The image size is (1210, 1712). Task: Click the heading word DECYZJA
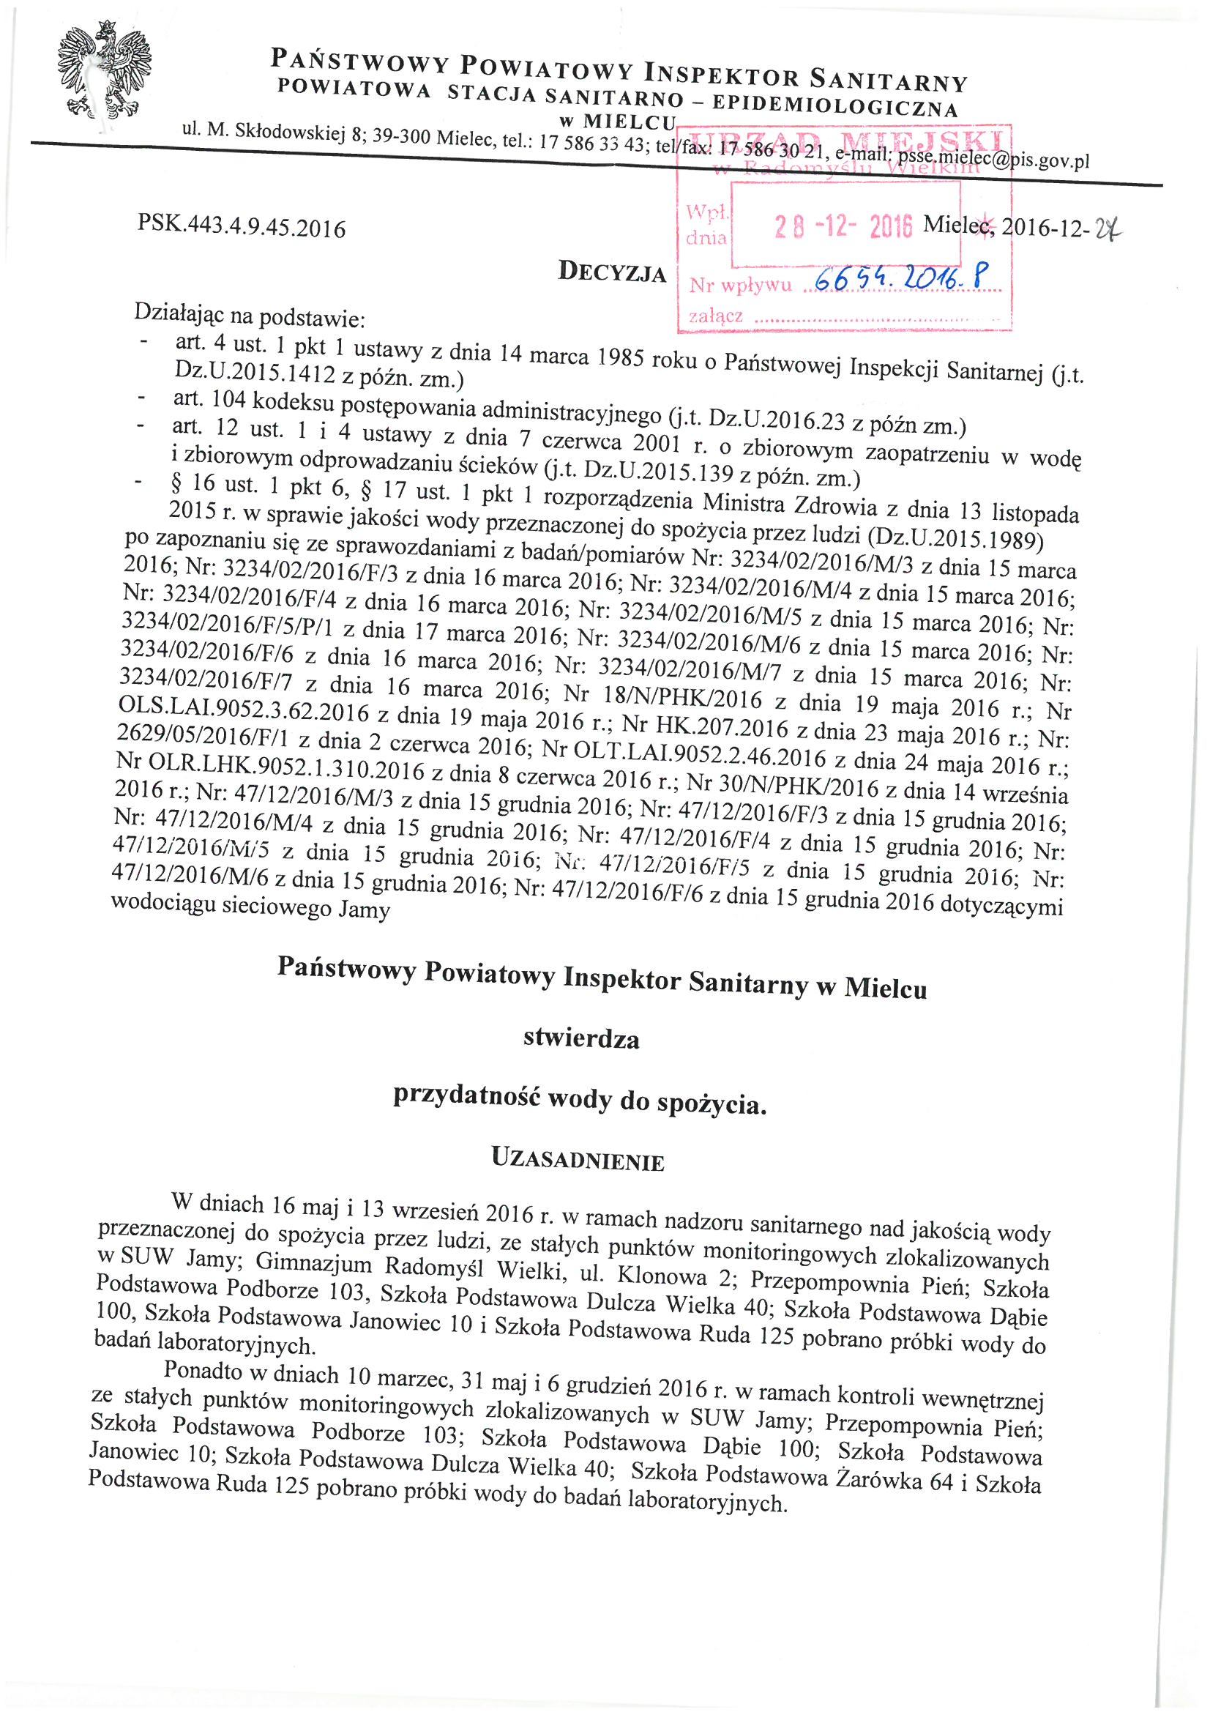(x=612, y=273)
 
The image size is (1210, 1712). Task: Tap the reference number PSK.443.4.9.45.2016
(x=242, y=226)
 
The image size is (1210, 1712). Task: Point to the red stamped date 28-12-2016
(x=843, y=226)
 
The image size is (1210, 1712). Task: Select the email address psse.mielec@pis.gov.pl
(x=993, y=159)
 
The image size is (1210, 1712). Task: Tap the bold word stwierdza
(x=580, y=1038)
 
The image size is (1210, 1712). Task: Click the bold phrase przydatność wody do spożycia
(x=580, y=1099)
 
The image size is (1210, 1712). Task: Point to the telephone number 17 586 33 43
(x=592, y=144)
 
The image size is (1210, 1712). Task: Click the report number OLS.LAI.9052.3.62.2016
(x=244, y=709)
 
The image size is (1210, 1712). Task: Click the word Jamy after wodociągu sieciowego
(x=364, y=910)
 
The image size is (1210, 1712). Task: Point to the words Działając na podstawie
(x=249, y=316)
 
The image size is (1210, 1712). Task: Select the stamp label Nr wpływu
(x=739, y=285)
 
